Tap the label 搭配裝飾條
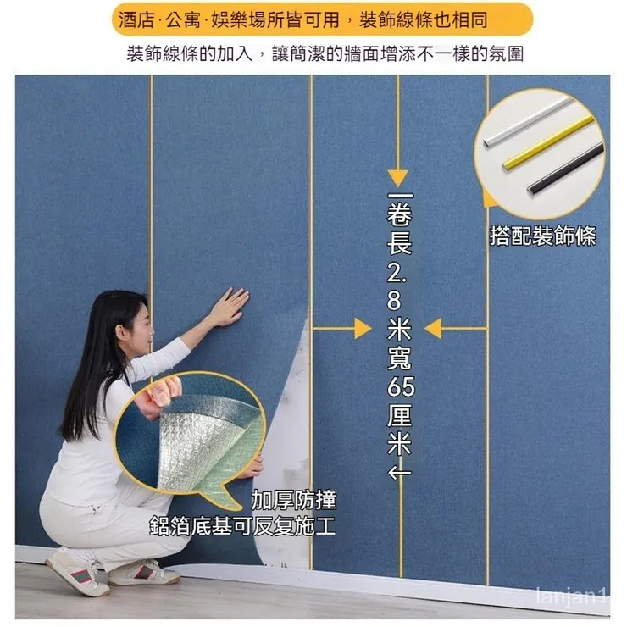[x=542, y=236]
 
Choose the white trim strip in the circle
[x=527, y=121]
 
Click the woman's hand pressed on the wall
[x=228, y=306]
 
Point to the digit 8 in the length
[x=399, y=298]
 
